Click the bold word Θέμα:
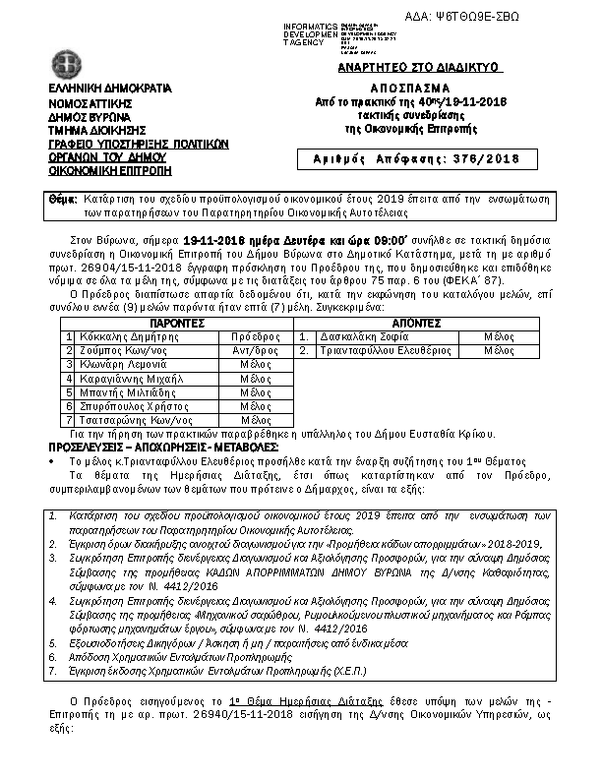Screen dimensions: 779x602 point(63,200)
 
